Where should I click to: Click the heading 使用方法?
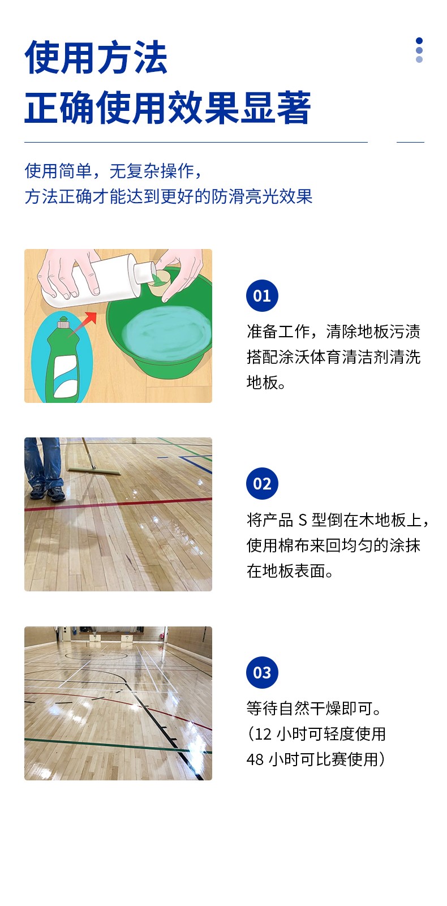(x=96, y=57)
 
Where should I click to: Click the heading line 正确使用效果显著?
(x=167, y=107)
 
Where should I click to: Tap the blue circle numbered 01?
(x=262, y=295)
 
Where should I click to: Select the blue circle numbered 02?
(x=262, y=483)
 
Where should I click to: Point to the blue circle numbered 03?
(x=262, y=672)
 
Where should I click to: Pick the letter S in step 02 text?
(x=303, y=520)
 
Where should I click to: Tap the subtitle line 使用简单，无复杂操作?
(x=113, y=171)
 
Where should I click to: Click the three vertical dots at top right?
(x=419, y=50)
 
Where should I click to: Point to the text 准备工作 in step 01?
(x=278, y=331)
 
